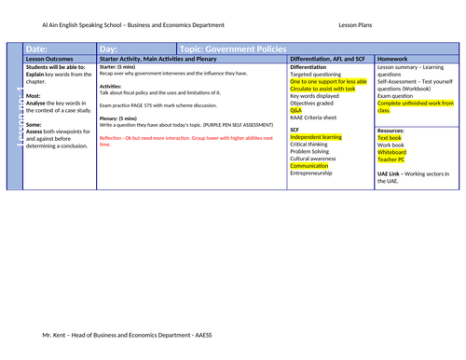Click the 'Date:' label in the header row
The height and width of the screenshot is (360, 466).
36,48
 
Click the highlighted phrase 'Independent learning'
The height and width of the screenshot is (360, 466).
316,135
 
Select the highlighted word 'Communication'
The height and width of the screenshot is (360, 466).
309,165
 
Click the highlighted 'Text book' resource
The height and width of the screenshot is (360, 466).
391,136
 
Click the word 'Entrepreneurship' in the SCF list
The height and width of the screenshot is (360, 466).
315,173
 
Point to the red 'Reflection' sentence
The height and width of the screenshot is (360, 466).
186,140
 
